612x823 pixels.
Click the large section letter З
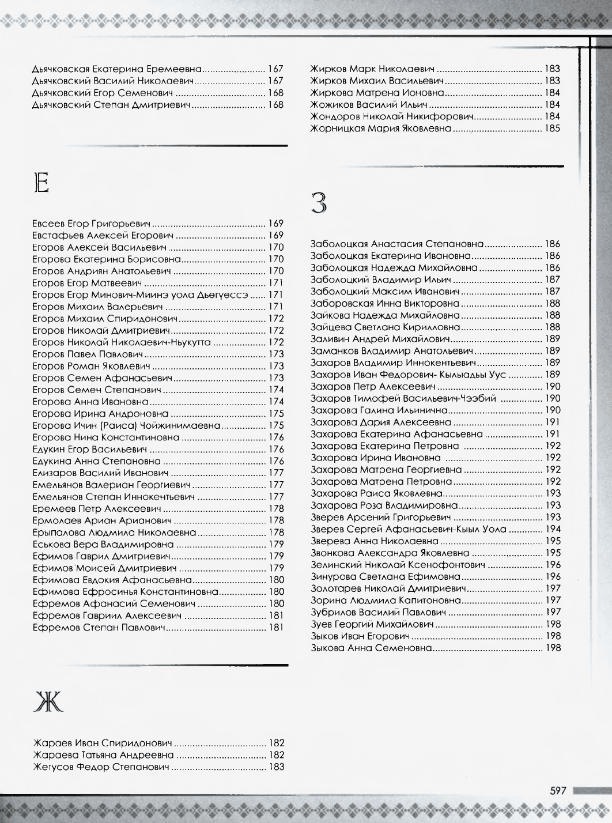click(319, 203)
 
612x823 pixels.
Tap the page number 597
click(558, 791)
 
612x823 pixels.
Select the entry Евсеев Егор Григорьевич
click(91, 224)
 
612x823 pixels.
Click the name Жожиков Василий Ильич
click(368, 105)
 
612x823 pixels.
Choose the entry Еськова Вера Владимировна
click(103, 544)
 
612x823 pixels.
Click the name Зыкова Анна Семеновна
click(371, 648)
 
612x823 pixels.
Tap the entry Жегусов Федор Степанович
click(101, 767)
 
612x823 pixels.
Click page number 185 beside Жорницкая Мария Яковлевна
click(552, 129)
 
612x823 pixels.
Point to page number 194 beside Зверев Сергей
click(552, 529)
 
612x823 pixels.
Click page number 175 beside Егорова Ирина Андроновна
click(276, 414)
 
